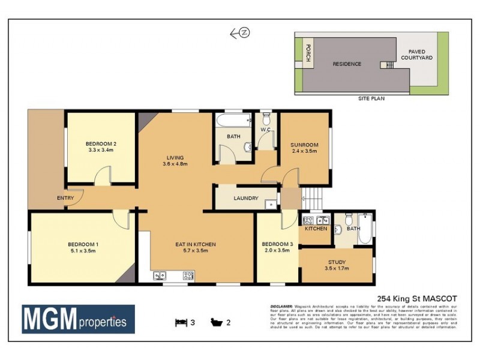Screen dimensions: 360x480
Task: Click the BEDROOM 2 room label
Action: pos(101,143)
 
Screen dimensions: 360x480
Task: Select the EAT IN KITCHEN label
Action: pos(195,244)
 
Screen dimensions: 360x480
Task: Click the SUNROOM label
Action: pos(304,145)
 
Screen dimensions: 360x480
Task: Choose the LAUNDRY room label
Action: pos(246,199)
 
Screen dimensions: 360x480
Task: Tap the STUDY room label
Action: pos(337,262)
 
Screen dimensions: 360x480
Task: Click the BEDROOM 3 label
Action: pos(277,244)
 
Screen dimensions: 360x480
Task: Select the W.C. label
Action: pos(266,130)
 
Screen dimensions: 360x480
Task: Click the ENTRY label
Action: pos(66,198)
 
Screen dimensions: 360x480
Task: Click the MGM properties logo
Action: pos(78,319)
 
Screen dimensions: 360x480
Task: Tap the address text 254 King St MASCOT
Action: pos(417,298)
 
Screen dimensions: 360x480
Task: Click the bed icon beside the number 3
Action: pos(180,322)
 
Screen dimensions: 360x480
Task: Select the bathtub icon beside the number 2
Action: pos(215,322)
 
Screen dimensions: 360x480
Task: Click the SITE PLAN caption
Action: pos(371,98)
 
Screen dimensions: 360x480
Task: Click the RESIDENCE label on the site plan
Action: pos(347,64)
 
